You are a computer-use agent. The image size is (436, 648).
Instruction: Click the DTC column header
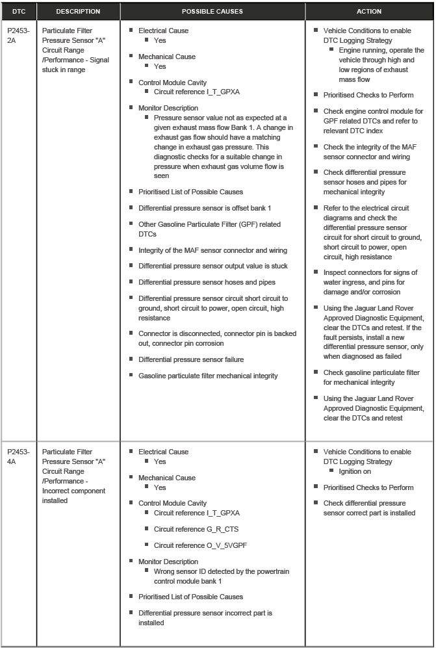tap(19, 11)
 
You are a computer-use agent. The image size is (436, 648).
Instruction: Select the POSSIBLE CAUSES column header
tap(212, 11)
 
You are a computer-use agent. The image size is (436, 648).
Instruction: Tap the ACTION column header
tap(369, 11)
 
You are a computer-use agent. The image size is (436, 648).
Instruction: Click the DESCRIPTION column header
tap(78, 11)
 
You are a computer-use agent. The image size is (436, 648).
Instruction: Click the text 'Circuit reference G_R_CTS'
tap(196, 529)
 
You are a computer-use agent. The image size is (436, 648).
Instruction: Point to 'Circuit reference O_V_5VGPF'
tap(201, 545)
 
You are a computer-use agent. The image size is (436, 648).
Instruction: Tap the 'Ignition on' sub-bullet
tap(354, 471)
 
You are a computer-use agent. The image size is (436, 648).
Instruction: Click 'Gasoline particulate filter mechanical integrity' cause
tap(208, 376)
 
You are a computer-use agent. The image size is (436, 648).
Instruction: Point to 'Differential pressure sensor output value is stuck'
tap(212, 266)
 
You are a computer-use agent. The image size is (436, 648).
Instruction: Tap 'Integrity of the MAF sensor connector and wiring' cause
tap(212, 250)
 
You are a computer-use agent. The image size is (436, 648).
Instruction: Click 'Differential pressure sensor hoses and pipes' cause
tap(207, 282)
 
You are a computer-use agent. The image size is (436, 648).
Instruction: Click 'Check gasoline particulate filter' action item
tap(371, 378)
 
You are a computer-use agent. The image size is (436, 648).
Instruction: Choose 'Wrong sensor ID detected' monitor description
tap(221, 576)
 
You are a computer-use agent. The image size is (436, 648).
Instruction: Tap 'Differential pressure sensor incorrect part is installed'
tap(205, 617)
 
